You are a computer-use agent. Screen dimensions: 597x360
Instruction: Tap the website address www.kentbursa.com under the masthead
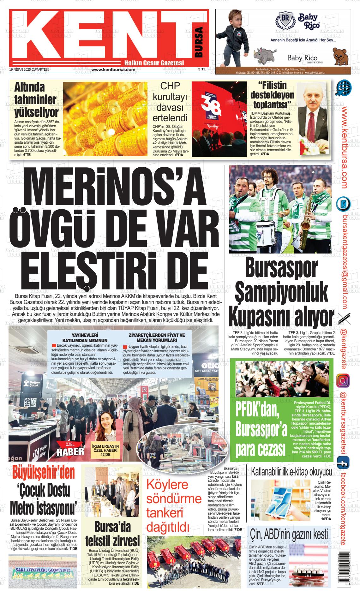pos(113,69)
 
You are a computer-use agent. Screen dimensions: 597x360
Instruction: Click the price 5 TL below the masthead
pos(202,69)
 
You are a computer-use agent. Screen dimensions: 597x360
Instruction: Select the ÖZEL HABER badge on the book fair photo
pos(70,449)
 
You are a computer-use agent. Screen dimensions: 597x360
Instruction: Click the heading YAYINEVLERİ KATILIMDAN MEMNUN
pos(85,338)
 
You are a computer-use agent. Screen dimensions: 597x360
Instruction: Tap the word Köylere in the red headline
pos(167,485)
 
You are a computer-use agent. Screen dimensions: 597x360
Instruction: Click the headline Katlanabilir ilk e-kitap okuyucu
pos(291,472)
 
